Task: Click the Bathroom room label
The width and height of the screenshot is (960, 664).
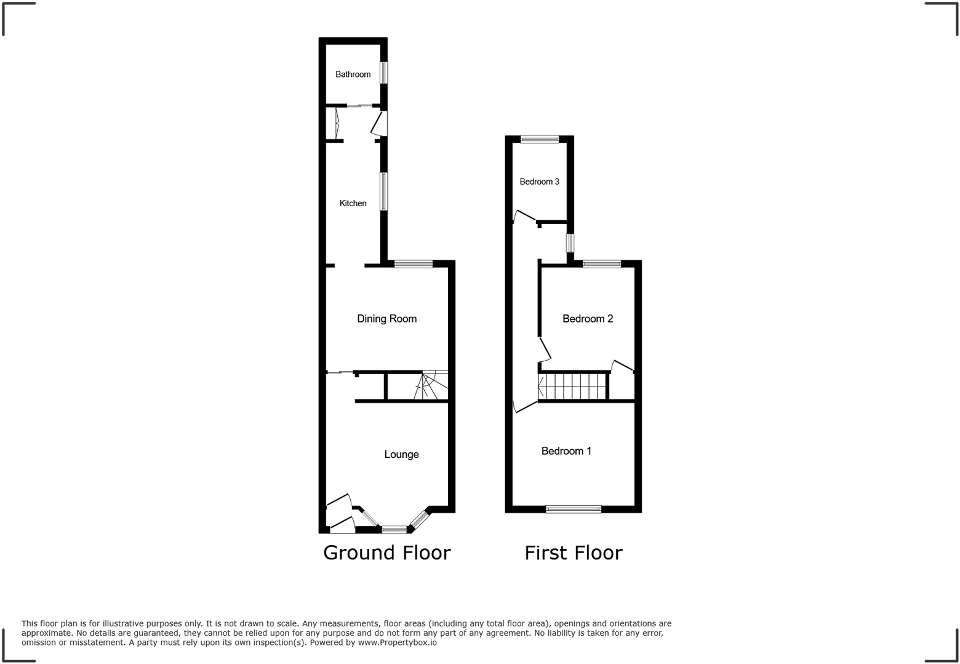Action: [x=353, y=74]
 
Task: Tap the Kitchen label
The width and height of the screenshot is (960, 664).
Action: [x=353, y=203]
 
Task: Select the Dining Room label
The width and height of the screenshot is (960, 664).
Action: [x=386, y=319]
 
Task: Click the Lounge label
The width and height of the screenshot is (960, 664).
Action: [x=401, y=454]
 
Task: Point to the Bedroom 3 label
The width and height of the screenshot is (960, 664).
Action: [x=539, y=182]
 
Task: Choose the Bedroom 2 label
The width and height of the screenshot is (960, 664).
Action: [x=588, y=319]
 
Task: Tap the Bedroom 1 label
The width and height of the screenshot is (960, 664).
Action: [x=566, y=451]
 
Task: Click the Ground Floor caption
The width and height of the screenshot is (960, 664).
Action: [x=386, y=553]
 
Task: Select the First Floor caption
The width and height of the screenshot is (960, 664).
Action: [x=573, y=553]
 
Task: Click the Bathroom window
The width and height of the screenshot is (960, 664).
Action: [x=384, y=73]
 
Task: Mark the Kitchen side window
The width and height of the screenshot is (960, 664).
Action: [x=384, y=191]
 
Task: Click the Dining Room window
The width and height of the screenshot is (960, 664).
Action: [x=414, y=264]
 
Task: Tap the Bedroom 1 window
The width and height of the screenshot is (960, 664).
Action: [x=573, y=509]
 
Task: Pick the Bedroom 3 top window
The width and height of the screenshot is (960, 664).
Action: [x=540, y=140]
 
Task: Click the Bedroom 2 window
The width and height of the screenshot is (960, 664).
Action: [x=602, y=264]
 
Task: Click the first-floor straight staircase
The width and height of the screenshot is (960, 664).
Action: [x=574, y=386]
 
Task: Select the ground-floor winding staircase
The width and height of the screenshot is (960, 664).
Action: [x=431, y=386]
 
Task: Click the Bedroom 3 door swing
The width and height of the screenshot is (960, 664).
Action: [x=524, y=216]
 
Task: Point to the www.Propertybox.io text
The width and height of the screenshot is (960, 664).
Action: [x=397, y=642]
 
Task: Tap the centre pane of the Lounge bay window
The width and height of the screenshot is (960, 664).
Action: [x=394, y=529]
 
